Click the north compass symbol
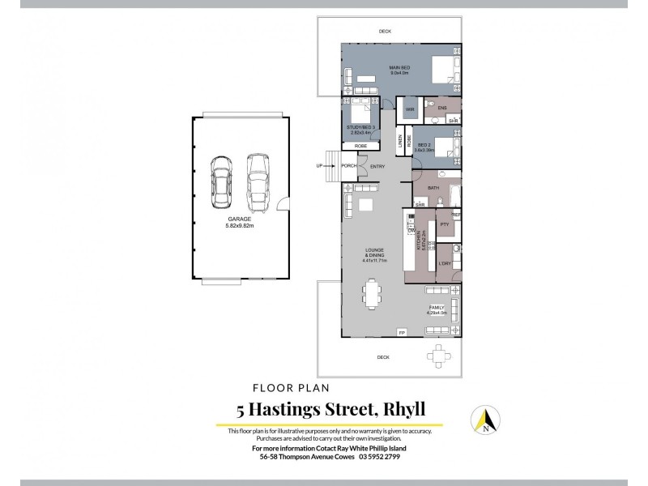pos(486,420)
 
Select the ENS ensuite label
pos(442,108)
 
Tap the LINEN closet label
pos(400,141)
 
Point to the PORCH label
pos(349,167)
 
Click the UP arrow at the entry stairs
pos(320,167)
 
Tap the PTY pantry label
pos(444,224)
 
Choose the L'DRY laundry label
pos(444,264)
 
